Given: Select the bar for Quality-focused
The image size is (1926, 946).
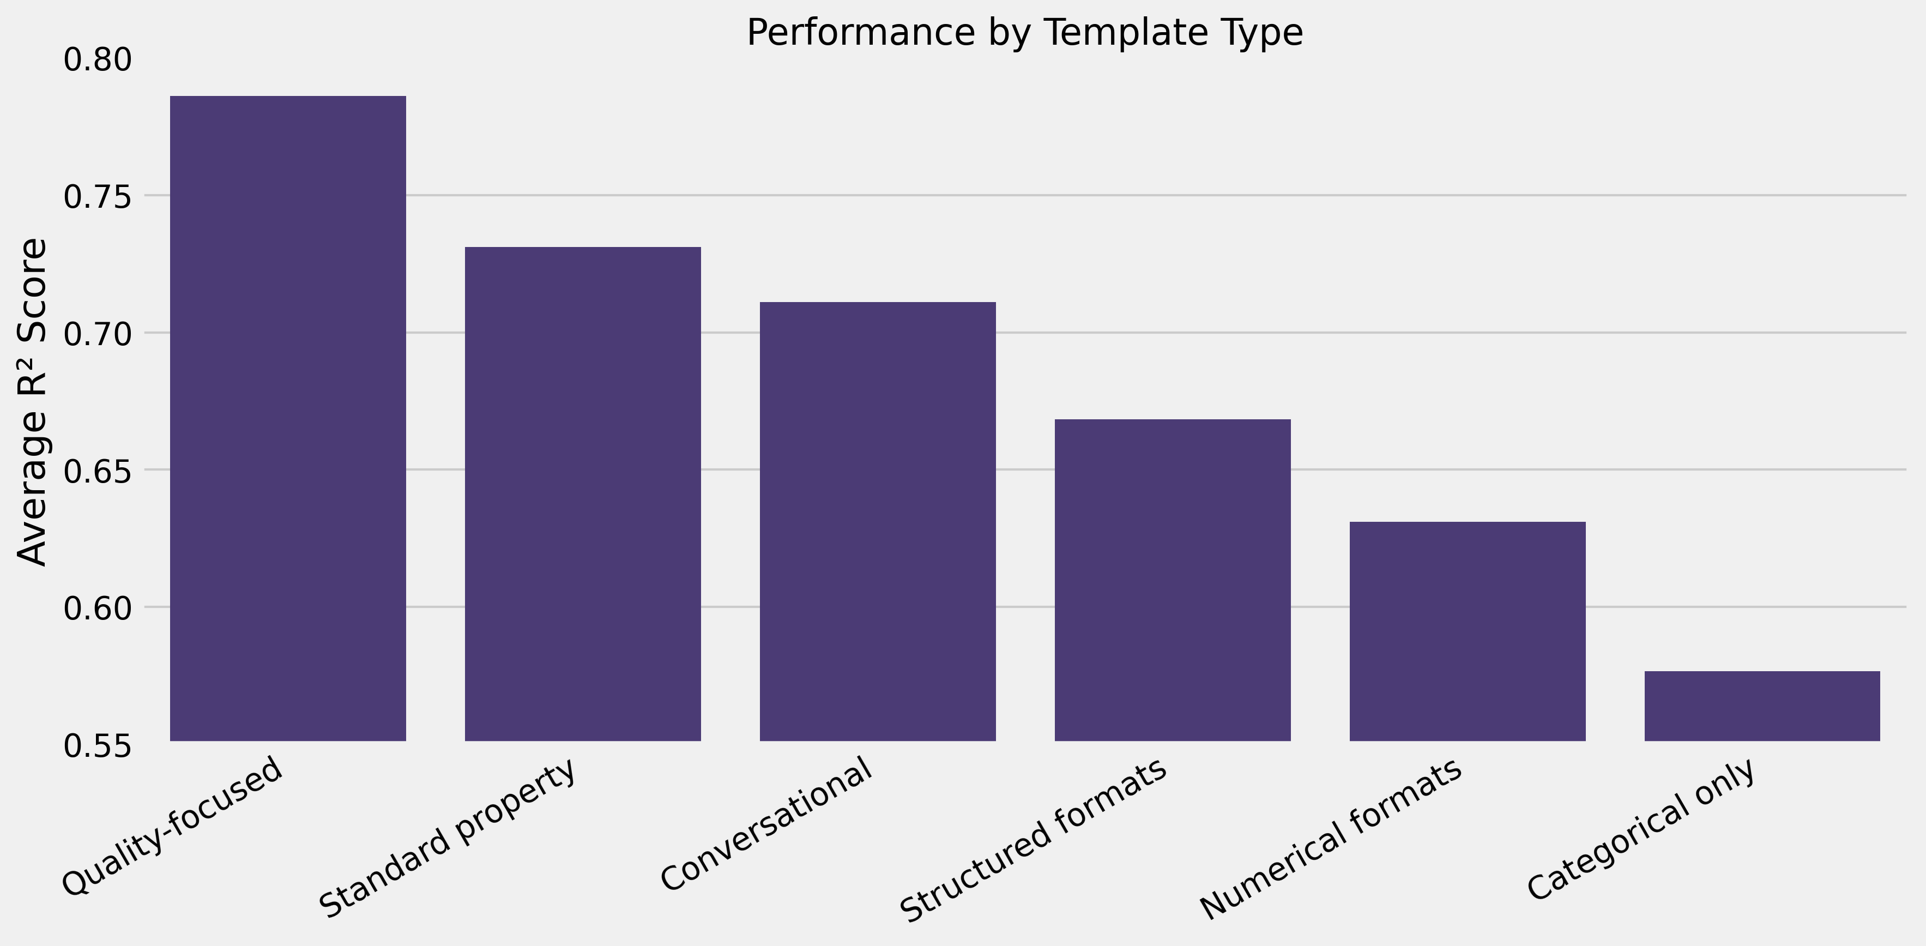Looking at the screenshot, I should coord(288,418).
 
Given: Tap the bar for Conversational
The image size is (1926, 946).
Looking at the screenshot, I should coord(877,521).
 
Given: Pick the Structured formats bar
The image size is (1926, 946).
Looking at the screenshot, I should coord(1173,580).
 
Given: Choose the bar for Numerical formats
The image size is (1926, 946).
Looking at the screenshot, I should coord(1467,631).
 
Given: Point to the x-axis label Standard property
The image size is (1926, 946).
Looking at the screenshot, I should coord(449,837).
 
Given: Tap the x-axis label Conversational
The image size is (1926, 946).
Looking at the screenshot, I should coord(767,823).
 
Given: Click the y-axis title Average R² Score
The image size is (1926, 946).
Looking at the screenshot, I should coord(32,402).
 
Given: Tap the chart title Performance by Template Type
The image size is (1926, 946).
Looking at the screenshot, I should coord(1024,33).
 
